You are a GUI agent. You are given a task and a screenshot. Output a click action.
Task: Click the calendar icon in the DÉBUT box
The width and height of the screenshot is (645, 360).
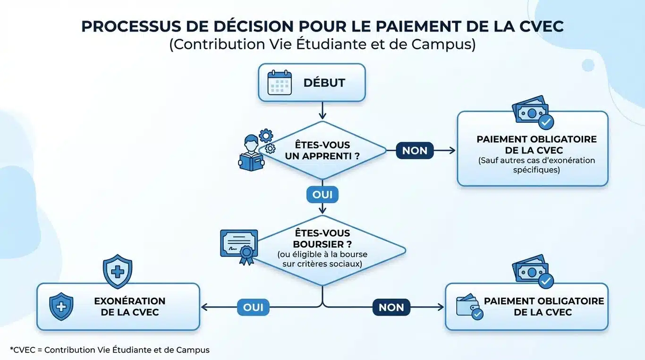(280, 83)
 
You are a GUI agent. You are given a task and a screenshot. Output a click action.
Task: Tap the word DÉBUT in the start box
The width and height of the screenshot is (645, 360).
(324, 83)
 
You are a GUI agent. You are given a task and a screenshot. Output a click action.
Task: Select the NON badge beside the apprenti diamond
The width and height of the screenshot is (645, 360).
(415, 151)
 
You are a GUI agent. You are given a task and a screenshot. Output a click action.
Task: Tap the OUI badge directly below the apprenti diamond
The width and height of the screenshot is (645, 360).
(322, 194)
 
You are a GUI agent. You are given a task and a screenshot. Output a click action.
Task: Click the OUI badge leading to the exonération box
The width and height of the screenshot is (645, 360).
(253, 308)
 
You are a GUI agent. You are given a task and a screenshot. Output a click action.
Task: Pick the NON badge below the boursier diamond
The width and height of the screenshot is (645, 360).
(391, 308)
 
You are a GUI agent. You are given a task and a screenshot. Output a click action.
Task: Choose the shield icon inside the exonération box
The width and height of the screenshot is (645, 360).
(61, 306)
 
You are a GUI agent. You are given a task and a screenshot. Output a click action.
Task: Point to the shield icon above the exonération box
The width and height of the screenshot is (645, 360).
(118, 271)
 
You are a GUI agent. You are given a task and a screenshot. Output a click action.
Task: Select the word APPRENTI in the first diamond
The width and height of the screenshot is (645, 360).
(331, 156)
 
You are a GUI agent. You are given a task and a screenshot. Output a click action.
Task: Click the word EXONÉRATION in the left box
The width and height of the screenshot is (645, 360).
(130, 301)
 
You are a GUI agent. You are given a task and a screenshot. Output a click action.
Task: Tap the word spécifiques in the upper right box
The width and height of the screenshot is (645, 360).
(536, 169)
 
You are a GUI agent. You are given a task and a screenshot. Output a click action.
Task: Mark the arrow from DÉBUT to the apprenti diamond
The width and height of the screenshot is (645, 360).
(322, 111)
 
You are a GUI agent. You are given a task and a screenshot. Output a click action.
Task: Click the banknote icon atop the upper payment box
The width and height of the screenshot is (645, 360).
(532, 112)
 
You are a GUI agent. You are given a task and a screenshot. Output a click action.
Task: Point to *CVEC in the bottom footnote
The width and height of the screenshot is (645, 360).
(22, 350)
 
